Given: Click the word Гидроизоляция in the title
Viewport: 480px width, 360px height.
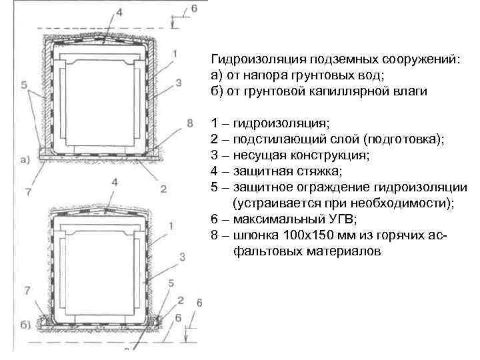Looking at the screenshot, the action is [x=246, y=60].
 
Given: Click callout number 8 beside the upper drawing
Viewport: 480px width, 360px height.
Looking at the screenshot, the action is [x=190, y=123].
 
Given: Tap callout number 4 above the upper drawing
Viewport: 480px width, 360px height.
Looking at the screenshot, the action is [x=119, y=12].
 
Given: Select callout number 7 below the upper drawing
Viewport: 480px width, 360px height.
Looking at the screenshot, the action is [x=27, y=192].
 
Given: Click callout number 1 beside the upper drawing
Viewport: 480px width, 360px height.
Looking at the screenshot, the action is [x=173, y=53].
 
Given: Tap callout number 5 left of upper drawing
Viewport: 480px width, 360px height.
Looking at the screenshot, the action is [x=24, y=85].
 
